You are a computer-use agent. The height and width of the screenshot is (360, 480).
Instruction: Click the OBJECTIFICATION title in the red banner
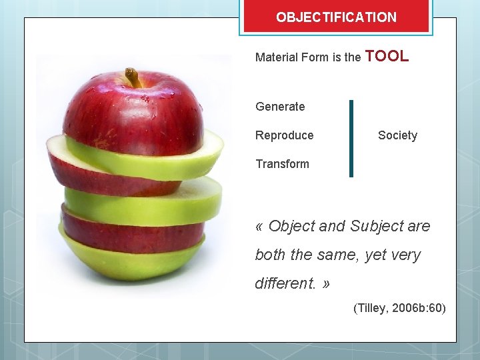[336, 17]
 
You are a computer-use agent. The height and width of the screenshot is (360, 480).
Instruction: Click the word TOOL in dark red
[387, 57]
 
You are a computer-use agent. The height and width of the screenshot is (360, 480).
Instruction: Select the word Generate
[280, 107]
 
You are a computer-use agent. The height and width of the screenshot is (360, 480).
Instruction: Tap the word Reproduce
[284, 135]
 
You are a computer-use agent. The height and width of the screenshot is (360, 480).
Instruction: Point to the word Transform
[282, 164]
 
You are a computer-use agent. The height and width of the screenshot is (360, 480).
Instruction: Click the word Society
[397, 135]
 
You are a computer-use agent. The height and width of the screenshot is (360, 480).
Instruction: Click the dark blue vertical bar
[351, 138]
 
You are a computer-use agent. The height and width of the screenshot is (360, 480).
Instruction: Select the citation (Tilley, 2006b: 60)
[399, 308]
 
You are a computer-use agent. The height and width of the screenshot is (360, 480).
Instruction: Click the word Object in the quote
[291, 227]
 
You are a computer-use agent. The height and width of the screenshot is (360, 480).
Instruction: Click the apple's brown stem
[133, 77]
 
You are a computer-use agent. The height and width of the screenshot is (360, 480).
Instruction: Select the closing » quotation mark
[325, 284]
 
